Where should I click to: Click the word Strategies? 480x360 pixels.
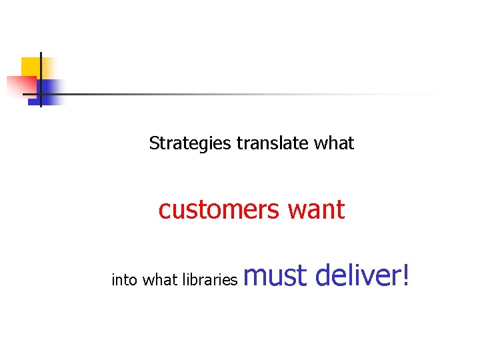coord(190,143)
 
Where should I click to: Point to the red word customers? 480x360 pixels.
coord(219,210)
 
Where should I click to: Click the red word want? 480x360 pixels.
coord(316,211)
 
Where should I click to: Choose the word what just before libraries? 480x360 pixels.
coord(160,280)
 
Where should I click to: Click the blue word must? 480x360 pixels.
coord(275,275)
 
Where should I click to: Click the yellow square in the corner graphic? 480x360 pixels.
coord(29,66)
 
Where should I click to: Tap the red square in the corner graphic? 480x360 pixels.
coord(19,86)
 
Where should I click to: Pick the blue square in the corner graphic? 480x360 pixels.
coord(50,90)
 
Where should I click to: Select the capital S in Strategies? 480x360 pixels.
coord(154,143)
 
